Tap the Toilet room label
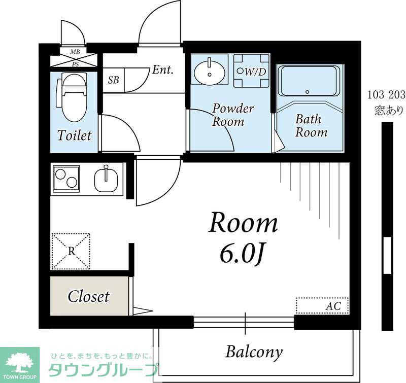(75, 135)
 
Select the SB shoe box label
(113, 80)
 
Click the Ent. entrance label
(162, 69)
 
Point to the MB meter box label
(75, 52)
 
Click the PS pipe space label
(75, 64)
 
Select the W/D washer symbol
(252, 71)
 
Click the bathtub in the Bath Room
(310, 81)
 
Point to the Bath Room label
(311, 126)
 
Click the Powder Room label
(232, 115)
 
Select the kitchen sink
(106, 179)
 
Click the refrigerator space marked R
(71, 251)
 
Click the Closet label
(88, 296)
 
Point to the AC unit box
(322, 305)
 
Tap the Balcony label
(254, 352)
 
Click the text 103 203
(386, 95)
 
